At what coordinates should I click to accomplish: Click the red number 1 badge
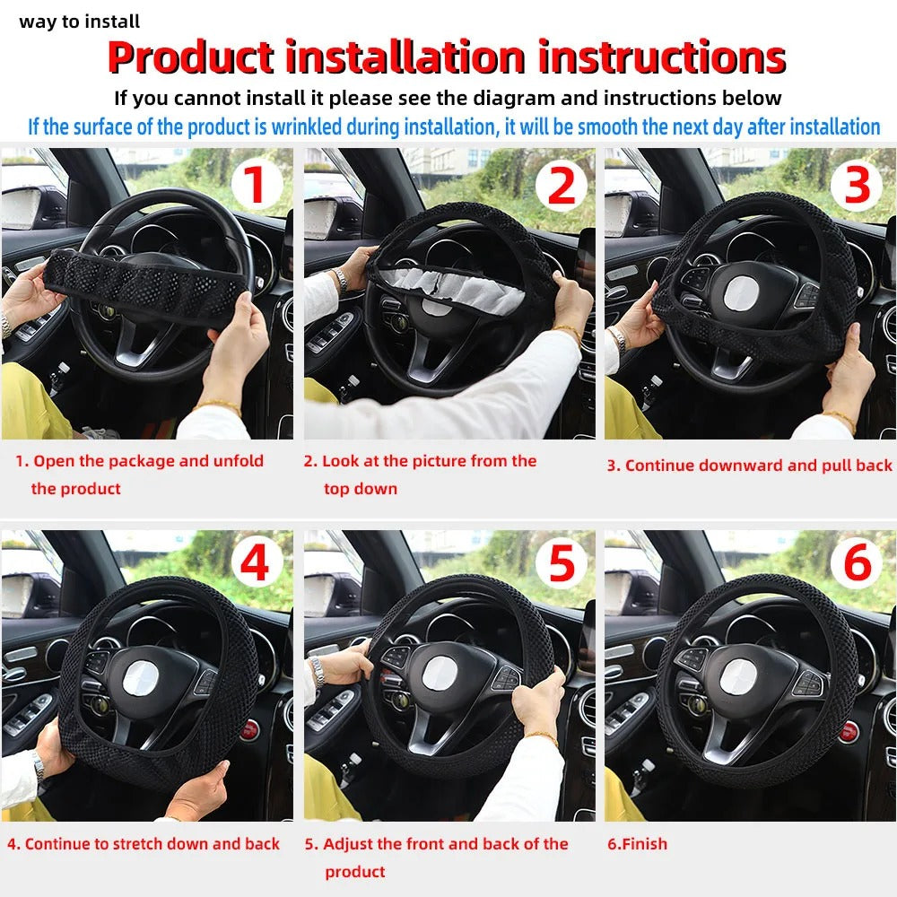[x=257, y=184]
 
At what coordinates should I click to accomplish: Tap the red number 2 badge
[x=561, y=184]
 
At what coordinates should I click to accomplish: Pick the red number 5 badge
[x=561, y=565]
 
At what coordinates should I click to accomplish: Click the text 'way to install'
[x=80, y=22]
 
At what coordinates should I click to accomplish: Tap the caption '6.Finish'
[x=637, y=844]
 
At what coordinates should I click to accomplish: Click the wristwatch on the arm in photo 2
[x=339, y=279]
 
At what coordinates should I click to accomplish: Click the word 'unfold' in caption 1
[x=238, y=461]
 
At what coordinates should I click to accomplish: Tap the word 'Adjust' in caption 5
[x=349, y=844]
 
